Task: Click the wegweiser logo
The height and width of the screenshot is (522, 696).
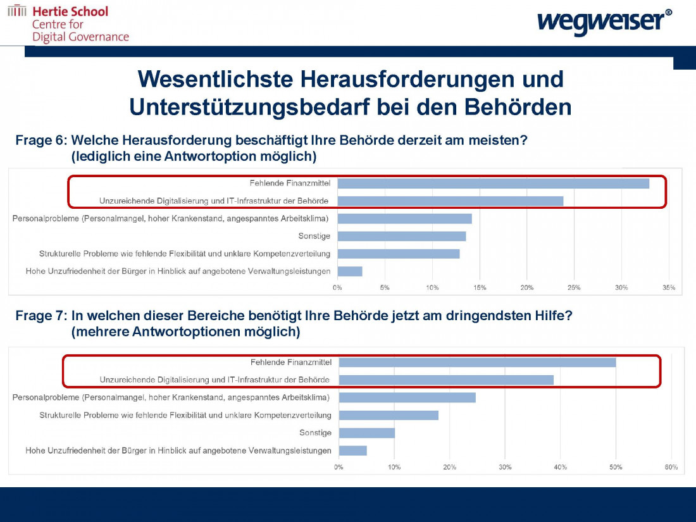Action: [604, 21]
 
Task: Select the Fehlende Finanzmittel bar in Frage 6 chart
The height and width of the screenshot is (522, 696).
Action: [493, 183]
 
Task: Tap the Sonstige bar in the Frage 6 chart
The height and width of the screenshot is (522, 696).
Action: [401, 236]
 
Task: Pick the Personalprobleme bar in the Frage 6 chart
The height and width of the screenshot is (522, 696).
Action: [404, 218]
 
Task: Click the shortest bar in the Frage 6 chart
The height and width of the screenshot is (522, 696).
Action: [350, 271]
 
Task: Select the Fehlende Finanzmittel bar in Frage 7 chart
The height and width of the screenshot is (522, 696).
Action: [477, 363]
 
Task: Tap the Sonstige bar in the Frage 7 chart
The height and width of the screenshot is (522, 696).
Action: [367, 433]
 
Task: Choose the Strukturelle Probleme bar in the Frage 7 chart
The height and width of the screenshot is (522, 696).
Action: [388, 415]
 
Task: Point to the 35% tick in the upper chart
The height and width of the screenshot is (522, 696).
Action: [669, 288]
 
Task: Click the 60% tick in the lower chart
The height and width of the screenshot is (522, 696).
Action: [671, 467]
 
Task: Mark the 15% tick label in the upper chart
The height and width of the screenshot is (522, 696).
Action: [480, 288]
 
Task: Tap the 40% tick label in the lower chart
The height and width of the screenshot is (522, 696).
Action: [560, 467]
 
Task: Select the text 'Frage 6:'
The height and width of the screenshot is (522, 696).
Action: [41, 140]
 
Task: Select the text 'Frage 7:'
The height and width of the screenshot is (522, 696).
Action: [41, 315]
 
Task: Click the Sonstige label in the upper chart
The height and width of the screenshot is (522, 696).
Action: [314, 236]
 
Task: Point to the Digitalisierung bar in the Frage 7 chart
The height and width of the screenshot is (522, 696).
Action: [446, 380]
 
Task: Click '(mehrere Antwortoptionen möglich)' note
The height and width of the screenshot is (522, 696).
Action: [185, 331]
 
